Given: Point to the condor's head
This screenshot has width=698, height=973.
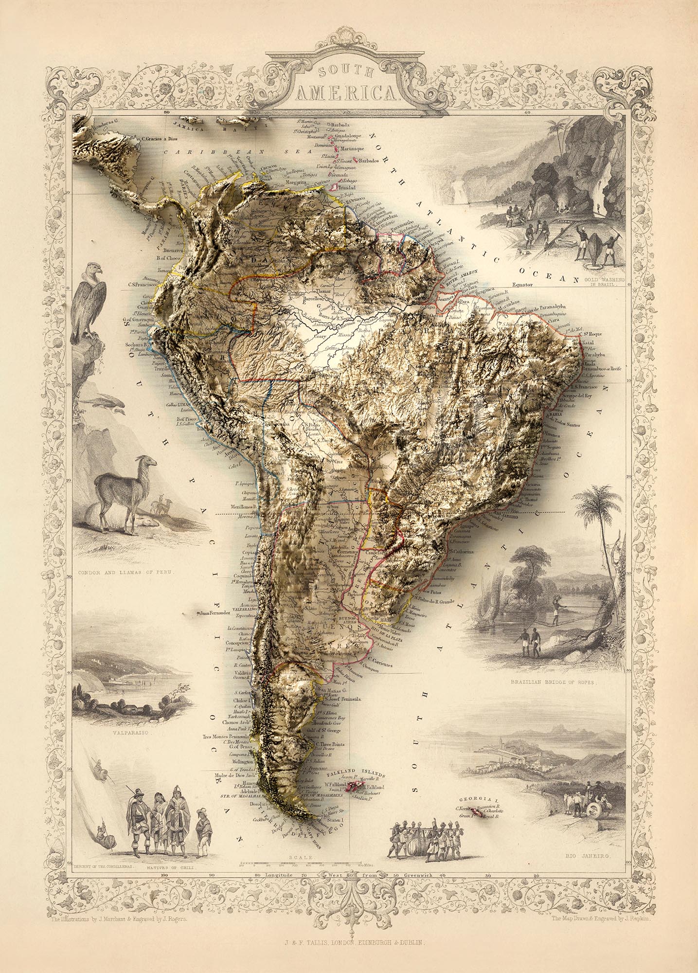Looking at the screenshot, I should [x=92, y=270].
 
